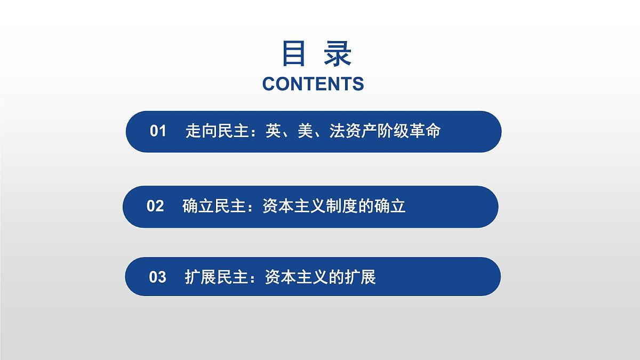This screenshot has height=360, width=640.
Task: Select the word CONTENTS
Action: pyautogui.click(x=313, y=84)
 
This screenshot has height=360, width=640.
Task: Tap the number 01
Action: pyautogui.click(x=158, y=131)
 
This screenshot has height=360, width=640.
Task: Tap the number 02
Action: pyautogui.click(x=155, y=206)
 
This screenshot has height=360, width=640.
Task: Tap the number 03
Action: pyautogui.click(x=158, y=277)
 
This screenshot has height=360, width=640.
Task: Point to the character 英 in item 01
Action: pyautogui.click(x=274, y=131)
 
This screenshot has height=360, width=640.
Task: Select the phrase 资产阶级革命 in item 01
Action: pyautogui.click(x=393, y=131)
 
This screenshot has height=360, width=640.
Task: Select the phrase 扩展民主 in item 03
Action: pyautogui.click(x=217, y=277)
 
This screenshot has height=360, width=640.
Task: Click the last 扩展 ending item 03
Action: pyautogui.click(x=360, y=277)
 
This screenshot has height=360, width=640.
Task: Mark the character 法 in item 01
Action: pyautogui.click(x=337, y=131)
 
